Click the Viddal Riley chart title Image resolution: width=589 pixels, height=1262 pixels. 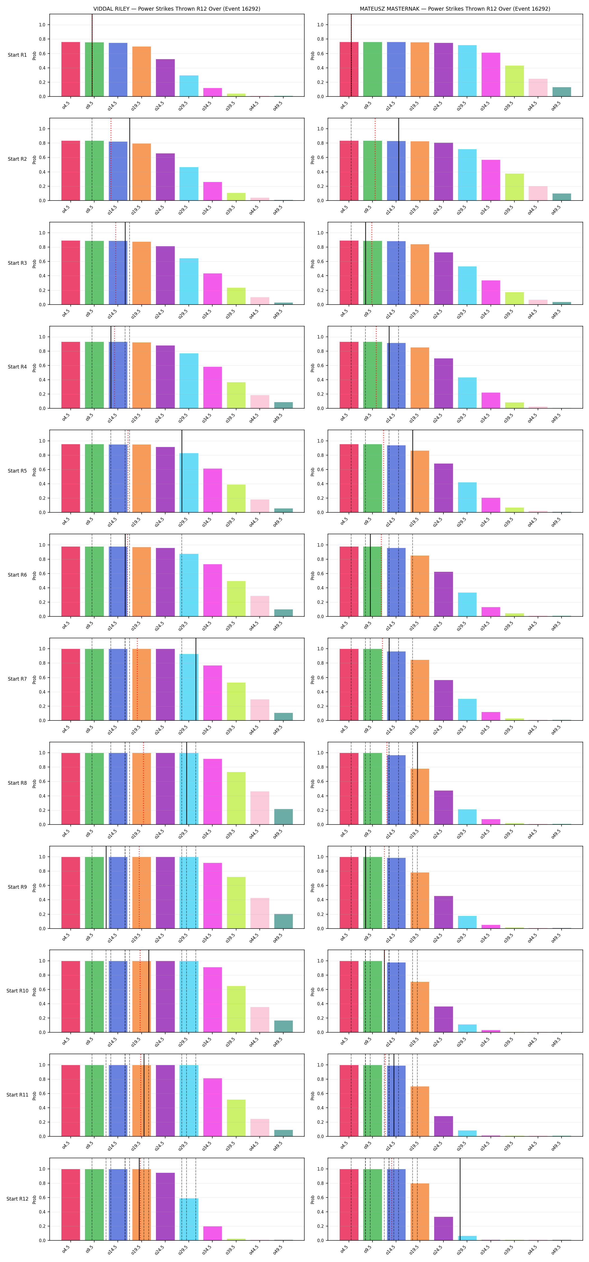click(x=177, y=9)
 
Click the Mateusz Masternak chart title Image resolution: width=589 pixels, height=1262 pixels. click(x=455, y=9)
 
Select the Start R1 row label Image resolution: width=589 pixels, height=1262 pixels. click(x=17, y=55)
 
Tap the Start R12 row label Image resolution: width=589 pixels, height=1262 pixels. click(x=17, y=1199)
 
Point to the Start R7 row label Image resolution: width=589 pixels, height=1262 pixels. click(x=17, y=679)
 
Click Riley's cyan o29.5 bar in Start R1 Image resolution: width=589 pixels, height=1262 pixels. click(x=189, y=86)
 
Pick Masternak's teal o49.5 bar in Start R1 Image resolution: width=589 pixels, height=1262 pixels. click(x=562, y=92)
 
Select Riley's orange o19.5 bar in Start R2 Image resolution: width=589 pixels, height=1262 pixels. click(x=142, y=172)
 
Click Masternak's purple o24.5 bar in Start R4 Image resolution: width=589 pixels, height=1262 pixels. click(x=443, y=383)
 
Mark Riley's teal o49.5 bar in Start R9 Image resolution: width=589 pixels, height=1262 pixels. click(x=283, y=921)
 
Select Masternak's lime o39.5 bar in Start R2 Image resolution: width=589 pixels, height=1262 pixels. click(x=514, y=187)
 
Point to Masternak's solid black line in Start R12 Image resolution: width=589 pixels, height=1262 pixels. click(x=460, y=1199)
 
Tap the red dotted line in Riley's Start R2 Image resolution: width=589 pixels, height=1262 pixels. click(x=111, y=159)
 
